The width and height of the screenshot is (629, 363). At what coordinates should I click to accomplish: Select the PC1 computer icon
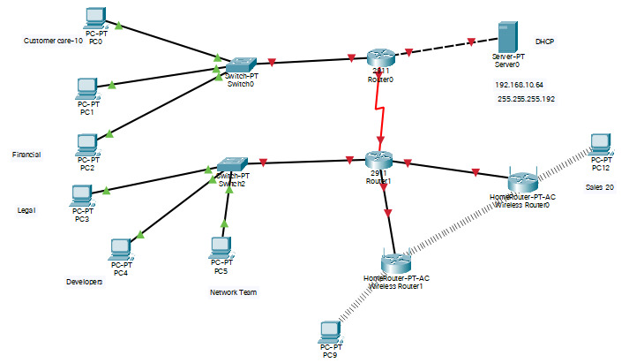(x=86, y=88)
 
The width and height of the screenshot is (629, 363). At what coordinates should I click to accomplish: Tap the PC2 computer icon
(x=87, y=144)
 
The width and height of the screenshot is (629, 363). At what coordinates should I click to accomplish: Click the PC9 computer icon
(x=330, y=331)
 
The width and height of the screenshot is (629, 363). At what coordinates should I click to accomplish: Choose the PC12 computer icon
(x=601, y=142)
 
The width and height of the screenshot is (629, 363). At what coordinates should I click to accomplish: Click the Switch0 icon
(x=240, y=65)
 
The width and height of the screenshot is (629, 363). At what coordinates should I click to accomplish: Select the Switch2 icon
(x=231, y=164)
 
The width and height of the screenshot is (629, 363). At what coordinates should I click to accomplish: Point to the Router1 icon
(x=378, y=160)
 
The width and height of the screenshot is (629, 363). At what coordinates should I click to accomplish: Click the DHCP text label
(x=545, y=42)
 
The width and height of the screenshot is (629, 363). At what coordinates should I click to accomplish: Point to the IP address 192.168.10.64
(x=519, y=85)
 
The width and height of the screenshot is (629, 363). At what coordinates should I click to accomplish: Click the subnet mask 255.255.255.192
(x=526, y=100)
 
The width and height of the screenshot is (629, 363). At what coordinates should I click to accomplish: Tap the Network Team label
(x=233, y=292)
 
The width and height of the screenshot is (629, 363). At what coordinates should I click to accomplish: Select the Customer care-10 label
(x=53, y=41)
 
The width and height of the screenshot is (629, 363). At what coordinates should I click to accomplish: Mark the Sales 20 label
(x=600, y=188)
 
